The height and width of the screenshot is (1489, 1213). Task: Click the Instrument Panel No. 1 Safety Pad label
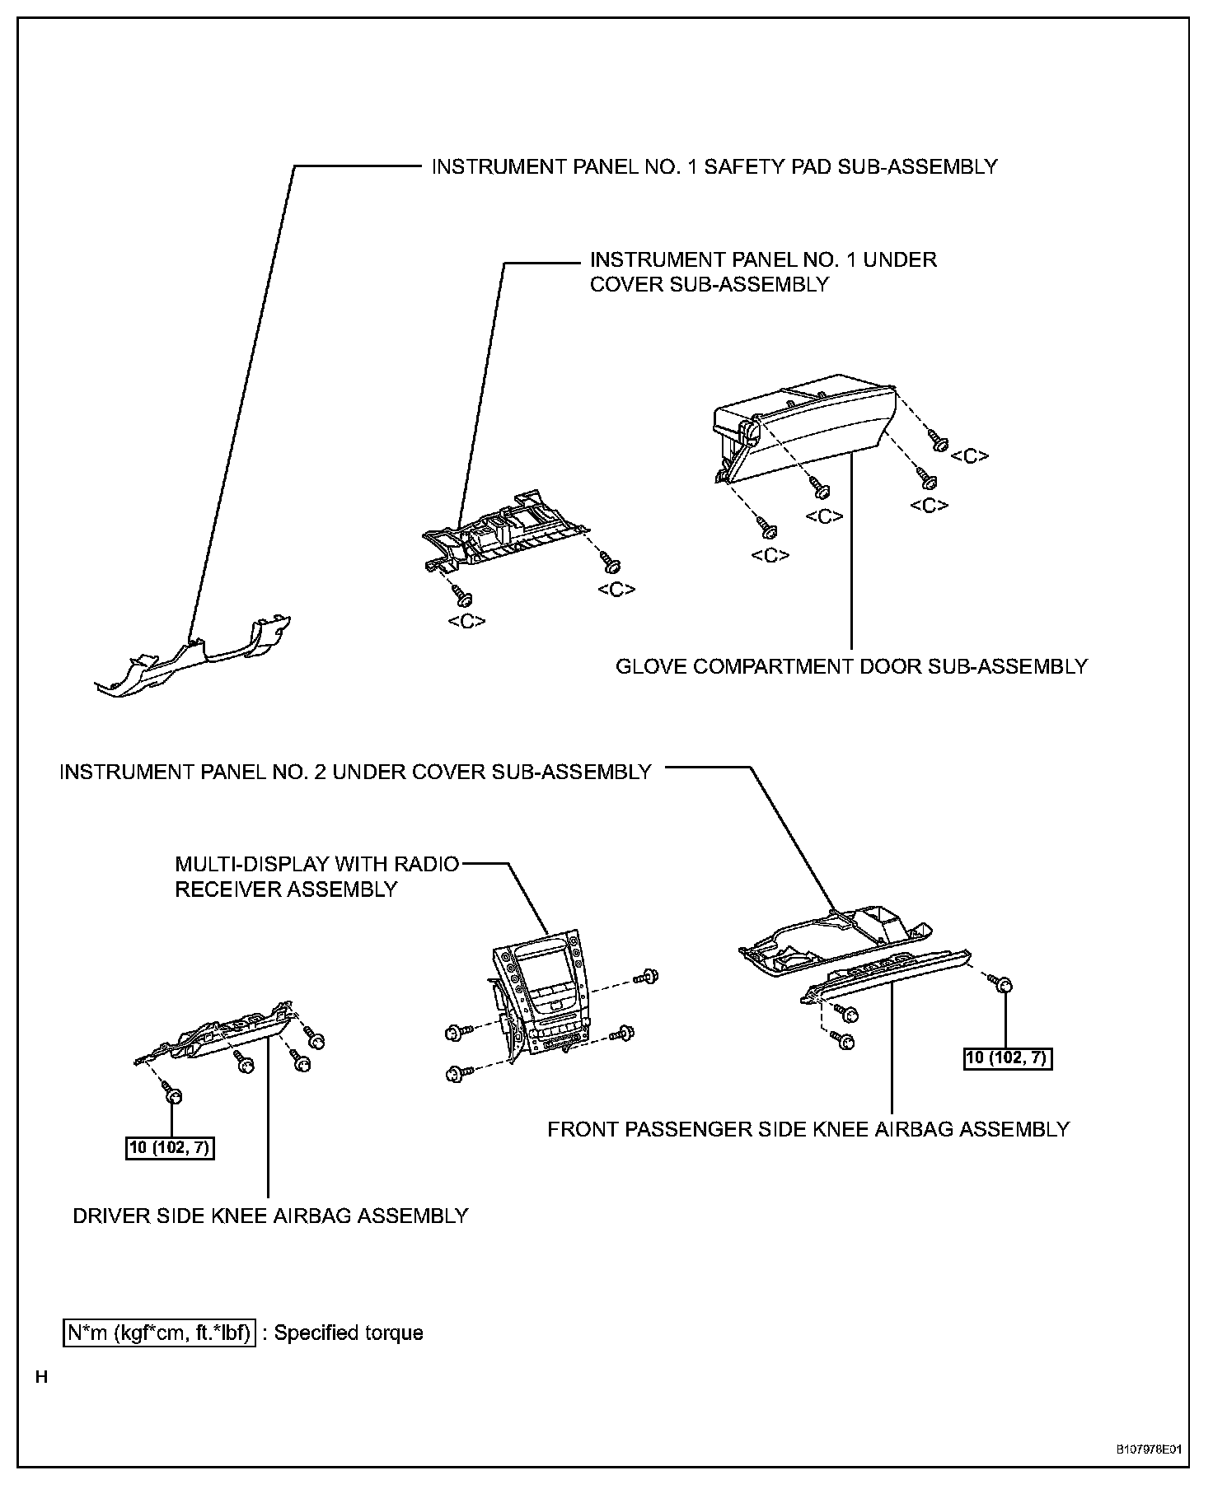(714, 167)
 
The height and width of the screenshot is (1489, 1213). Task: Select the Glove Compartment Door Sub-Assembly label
(851, 666)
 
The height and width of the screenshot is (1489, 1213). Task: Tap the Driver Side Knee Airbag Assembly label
(270, 1216)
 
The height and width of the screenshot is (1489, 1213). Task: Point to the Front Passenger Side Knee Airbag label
(808, 1129)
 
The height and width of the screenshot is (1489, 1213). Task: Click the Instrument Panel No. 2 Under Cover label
(355, 773)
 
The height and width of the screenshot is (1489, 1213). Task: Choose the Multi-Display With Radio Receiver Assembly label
(317, 877)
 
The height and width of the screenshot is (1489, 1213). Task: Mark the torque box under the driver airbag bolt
(170, 1147)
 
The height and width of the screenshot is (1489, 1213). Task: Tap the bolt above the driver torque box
(173, 1096)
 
